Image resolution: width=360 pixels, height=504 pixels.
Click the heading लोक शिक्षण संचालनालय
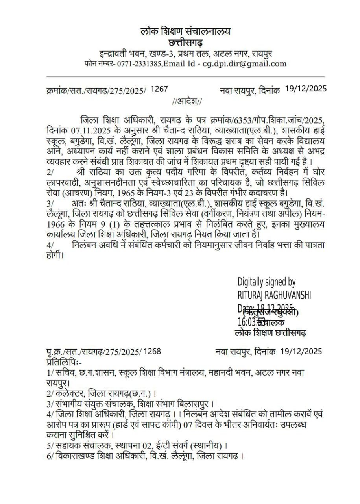tap(186, 31)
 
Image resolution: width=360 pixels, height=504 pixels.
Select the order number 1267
tap(159, 89)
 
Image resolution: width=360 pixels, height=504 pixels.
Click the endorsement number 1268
tap(152, 351)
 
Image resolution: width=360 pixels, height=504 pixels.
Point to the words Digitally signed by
tap(266, 282)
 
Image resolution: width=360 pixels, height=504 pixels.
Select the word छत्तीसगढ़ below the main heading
tap(186, 42)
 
